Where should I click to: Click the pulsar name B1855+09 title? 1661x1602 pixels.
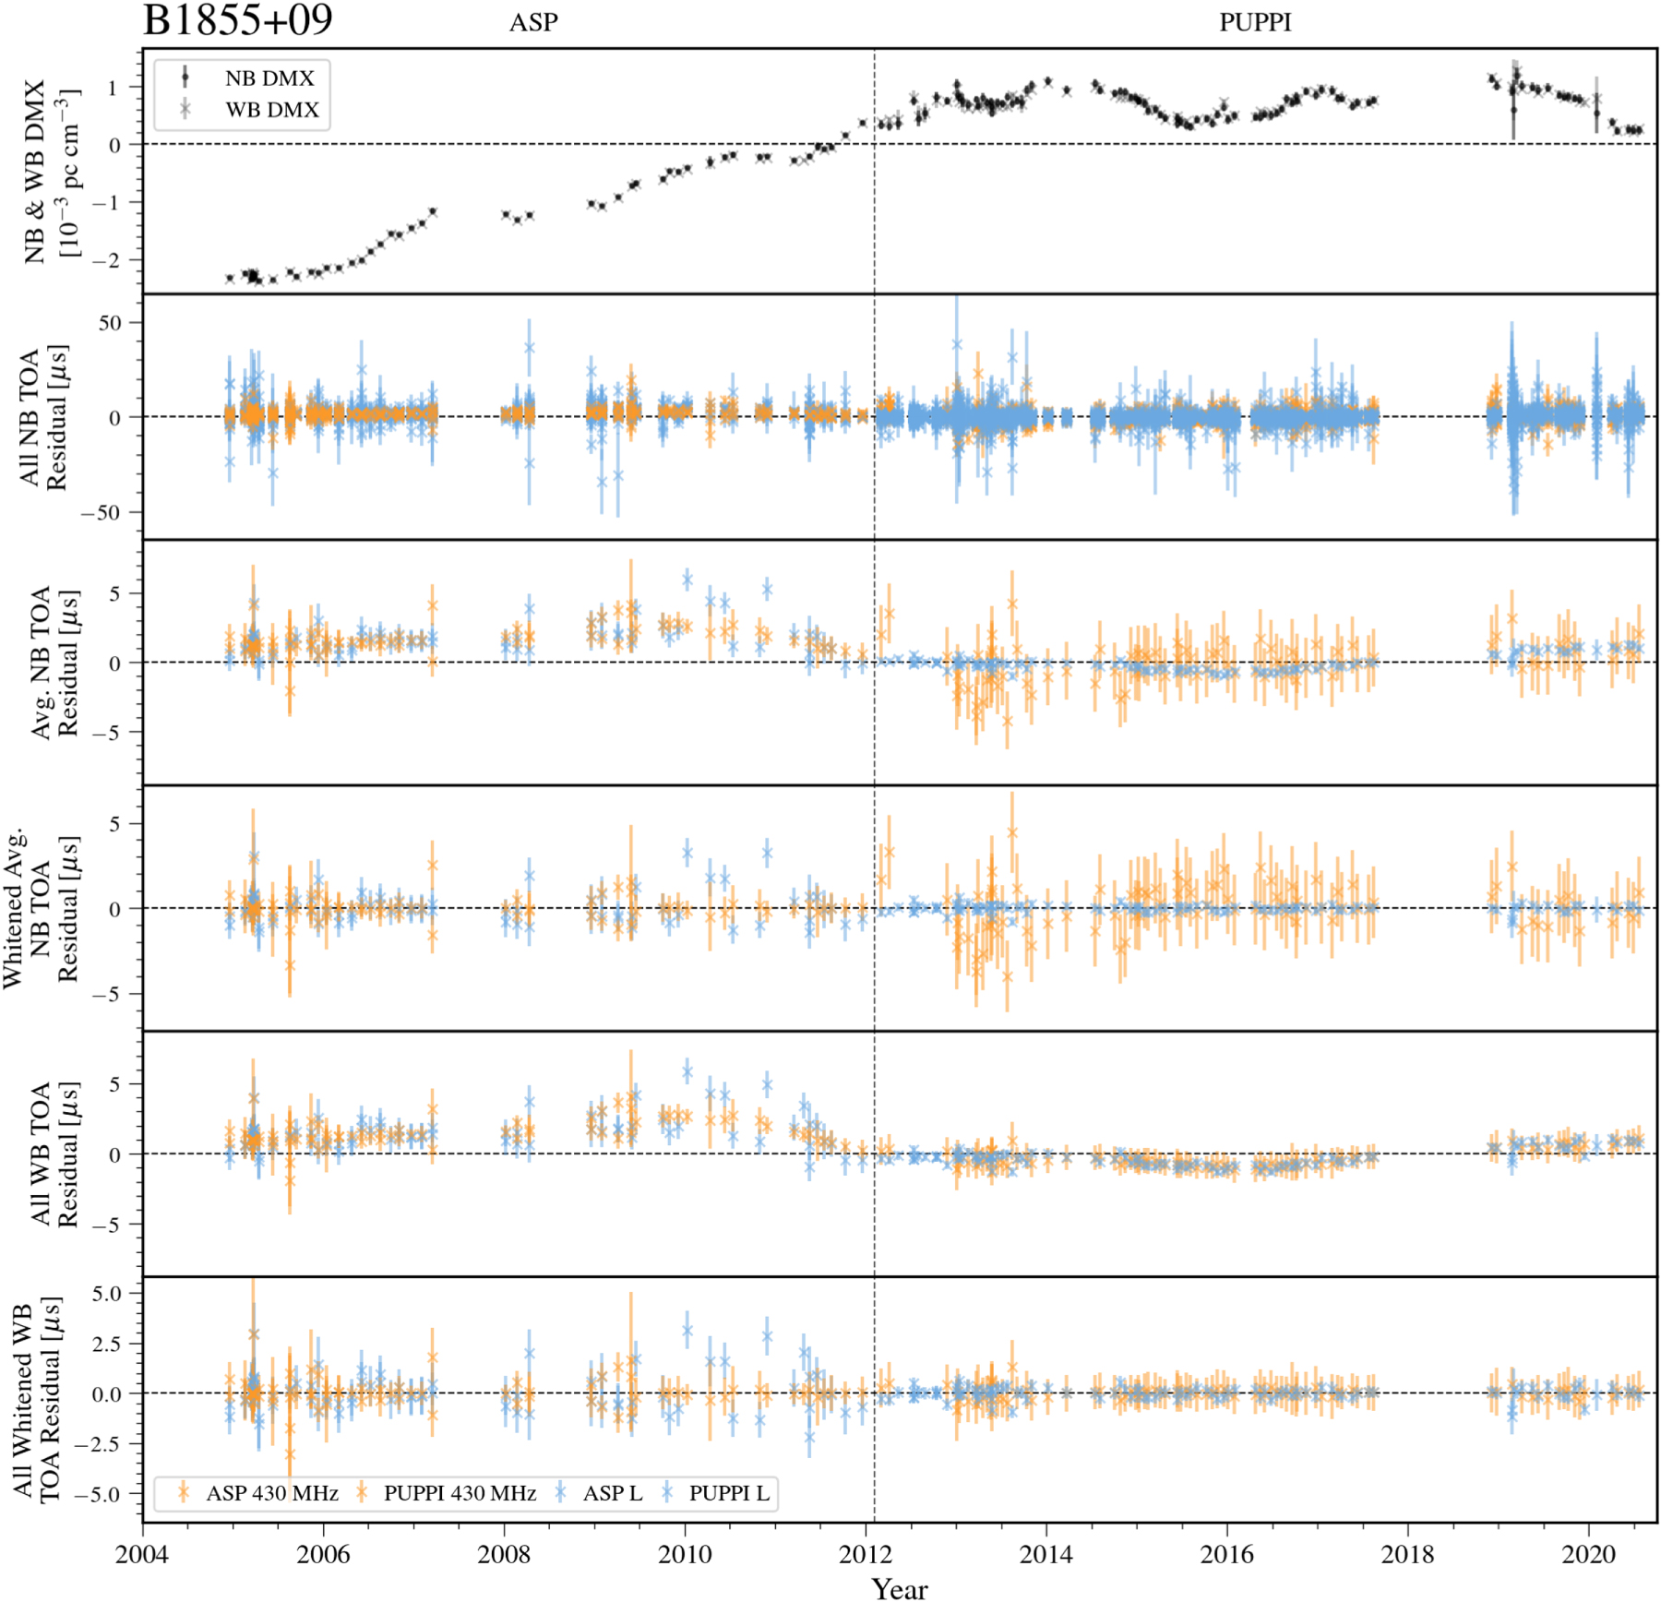[x=237, y=20]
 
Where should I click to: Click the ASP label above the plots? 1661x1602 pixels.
[x=533, y=22]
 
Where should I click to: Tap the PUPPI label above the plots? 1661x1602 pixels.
[x=1255, y=22]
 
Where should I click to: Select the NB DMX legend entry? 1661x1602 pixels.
[x=269, y=78]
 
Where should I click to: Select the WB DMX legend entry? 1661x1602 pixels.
[x=271, y=110]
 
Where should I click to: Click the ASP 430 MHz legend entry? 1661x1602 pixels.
[x=271, y=1493]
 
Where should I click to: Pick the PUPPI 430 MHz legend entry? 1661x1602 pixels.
[x=459, y=1493]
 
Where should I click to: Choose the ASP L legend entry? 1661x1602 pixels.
[x=612, y=1493]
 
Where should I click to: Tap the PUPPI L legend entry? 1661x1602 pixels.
[x=728, y=1493]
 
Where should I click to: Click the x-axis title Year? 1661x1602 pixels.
[x=900, y=1588]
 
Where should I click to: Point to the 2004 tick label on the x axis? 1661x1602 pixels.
[x=142, y=1555]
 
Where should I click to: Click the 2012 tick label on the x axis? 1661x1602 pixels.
[x=866, y=1555]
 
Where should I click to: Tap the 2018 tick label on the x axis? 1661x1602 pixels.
[x=1408, y=1555]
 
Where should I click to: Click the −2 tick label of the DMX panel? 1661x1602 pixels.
[x=106, y=260]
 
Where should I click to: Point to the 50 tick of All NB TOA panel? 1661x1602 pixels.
[x=110, y=323]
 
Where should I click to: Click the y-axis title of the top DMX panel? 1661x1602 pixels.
[x=51, y=171]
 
